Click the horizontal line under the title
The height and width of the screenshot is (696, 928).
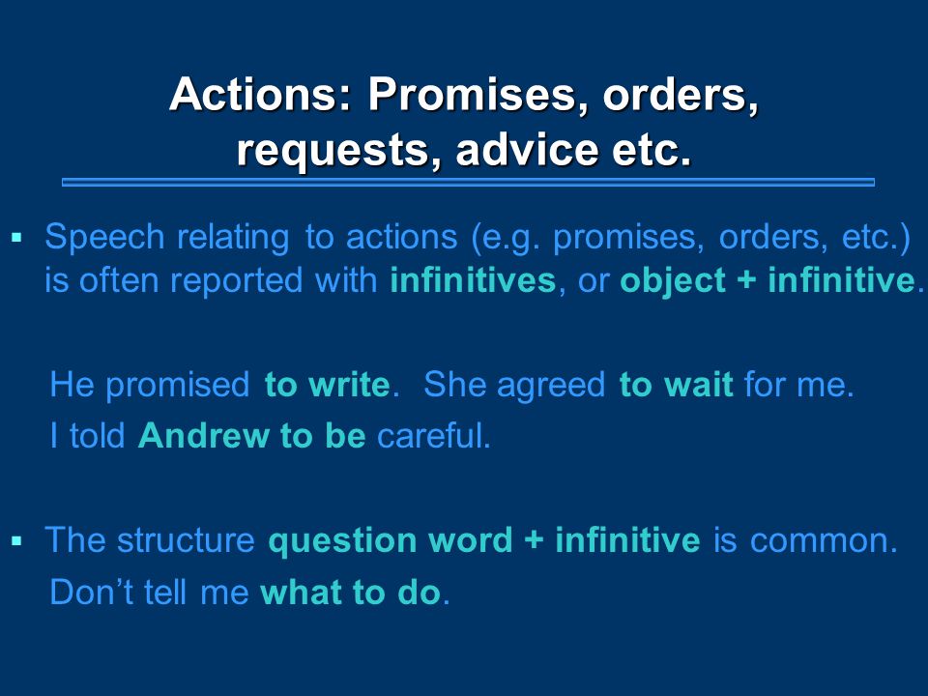pyautogui.click(x=468, y=183)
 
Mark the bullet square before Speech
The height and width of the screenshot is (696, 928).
pyautogui.click(x=16, y=239)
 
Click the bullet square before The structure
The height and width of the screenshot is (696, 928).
pyautogui.click(x=16, y=540)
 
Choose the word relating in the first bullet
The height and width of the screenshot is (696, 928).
pyautogui.click(x=233, y=238)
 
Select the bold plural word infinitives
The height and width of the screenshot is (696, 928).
pyautogui.click(x=473, y=280)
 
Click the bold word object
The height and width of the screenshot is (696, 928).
pyautogui.click(x=673, y=281)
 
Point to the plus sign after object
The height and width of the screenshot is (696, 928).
pyautogui.click(x=747, y=280)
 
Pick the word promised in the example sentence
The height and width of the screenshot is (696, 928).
pyautogui.click(x=177, y=386)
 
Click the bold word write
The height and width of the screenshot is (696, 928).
pyautogui.click(x=349, y=385)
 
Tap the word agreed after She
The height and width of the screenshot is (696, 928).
pyautogui.click(x=550, y=386)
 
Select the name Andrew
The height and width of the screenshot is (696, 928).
pyautogui.click(x=204, y=436)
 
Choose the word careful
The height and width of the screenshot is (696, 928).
pyautogui.click(x=434, y=436)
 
